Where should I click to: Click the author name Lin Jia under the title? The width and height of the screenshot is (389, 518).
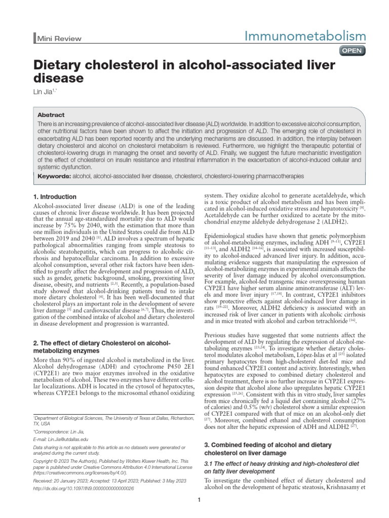pyautogui.click(x=43, y=93)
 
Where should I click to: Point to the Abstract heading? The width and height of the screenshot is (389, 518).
pyautogui.click(x=51, y=115)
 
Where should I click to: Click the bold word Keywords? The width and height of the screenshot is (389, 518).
pyautogui.click(x=54, y=176)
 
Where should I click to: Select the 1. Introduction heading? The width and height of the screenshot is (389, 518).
pyautogui.click(x=55, y=197)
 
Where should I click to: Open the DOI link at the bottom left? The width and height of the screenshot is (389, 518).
pyautogui.click(x=83, y=488)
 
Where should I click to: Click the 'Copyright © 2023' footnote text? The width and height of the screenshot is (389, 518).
pyautogui.click(x=56, y=461)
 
